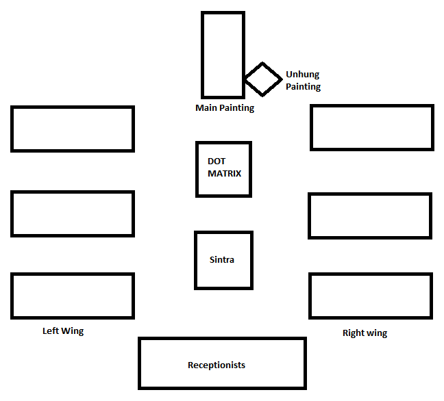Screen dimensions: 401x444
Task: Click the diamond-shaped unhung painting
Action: click(x=262, y=79)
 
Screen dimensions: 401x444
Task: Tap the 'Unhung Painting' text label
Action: click(x=302, y=81)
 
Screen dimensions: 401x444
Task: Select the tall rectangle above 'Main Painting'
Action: click(x=223, y=54)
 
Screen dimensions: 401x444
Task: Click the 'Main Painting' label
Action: click(x=225, y=107)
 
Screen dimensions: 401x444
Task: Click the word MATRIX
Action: click(x=225, y=174)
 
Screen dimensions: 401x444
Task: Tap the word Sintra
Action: click(x=221, y=260)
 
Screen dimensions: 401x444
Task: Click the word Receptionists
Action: click(x=217, y=365)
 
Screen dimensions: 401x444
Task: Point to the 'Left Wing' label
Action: click(x=63, y=331)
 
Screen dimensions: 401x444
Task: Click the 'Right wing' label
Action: click(x=365, y=333)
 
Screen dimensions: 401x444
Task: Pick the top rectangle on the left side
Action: click(x=73, y=129)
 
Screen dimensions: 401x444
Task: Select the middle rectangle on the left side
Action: click(x=73, y=214)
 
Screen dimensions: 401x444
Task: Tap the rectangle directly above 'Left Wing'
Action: click(x=73, y=296)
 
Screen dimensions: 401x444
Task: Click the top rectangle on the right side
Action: click(x=372, y=127)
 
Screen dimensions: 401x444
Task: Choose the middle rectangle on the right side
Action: click(x=370, y=216)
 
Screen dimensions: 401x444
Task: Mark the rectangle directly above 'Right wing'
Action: click(x=371, y=296)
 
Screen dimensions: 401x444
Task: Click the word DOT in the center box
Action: click(x=217, y=161)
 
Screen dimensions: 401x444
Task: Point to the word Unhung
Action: click(x=302, y=75)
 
